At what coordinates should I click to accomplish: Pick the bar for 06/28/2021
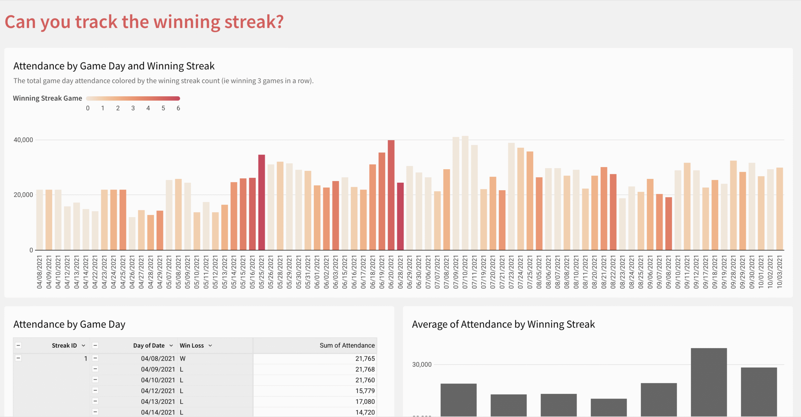coord(400,216)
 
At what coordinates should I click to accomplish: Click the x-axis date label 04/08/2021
coord(39,272)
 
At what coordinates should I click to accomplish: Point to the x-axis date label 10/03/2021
coord(779,272)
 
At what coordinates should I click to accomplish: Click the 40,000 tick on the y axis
coord(23,140)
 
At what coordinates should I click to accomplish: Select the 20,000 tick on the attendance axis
coord(23,195)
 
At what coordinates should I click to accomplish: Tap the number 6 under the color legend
coord(178,108)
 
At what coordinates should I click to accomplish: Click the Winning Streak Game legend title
coord(48,98)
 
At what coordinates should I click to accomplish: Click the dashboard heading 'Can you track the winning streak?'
coord(144,22)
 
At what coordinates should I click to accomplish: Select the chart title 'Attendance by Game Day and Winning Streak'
coord(114,66)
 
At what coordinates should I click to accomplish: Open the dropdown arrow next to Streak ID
coord(84,345)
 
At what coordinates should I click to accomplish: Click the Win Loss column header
coord(191,345)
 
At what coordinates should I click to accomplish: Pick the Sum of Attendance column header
coord(347,345)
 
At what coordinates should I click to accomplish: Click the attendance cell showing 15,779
coord(365,391)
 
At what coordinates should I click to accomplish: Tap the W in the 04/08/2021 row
coord(183,359)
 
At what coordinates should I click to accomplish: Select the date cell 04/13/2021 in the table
coord(158,401)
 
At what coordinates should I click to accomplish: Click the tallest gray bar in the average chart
coord(709,382)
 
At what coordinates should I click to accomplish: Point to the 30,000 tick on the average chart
coord(421,364)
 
